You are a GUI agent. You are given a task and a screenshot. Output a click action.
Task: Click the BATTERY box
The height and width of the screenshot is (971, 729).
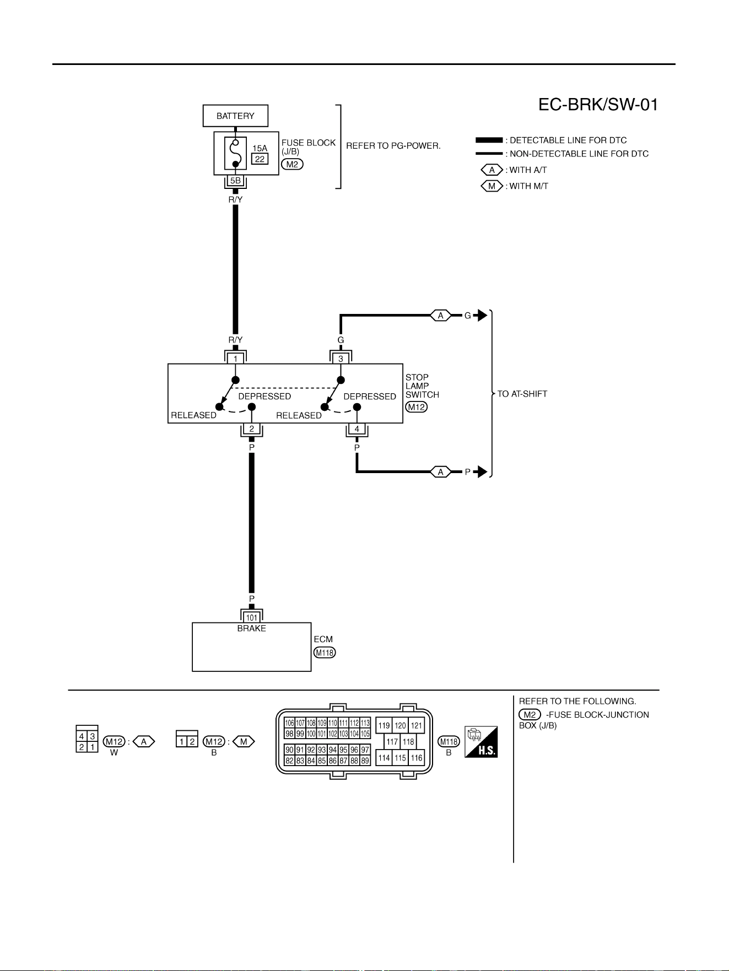(x=235, y=116)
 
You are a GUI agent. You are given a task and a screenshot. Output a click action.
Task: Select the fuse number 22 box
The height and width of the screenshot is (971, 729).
(x=260, y=159)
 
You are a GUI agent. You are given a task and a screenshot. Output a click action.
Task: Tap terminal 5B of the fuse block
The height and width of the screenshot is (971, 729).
(x=235, y=181)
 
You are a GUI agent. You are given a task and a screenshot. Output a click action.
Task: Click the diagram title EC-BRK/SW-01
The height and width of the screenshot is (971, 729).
(x=598, y=105)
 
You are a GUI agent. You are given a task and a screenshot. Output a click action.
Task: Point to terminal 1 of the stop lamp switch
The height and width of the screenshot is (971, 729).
(x=235, y=359)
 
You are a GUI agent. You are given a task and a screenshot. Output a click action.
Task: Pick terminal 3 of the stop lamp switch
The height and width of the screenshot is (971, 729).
(x=341, y=359)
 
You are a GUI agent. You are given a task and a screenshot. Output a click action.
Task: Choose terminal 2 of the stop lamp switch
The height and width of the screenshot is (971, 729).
(x=251, y=428)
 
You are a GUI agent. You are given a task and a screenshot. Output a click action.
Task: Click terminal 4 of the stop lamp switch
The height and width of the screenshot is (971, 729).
(x=357, y=428)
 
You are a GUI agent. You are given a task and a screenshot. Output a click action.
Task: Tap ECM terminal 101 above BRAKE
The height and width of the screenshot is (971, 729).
(x=251, y=617)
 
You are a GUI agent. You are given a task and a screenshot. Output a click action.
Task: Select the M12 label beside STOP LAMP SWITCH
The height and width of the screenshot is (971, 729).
(x=416, y=407)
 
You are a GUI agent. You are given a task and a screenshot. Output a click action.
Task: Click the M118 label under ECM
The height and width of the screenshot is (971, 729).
(x=325, y=653)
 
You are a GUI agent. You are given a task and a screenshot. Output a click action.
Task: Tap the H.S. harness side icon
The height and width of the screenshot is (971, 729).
(x=481, y=741)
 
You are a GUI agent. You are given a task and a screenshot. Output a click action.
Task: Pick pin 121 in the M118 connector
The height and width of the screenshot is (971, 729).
(x=417, y=725)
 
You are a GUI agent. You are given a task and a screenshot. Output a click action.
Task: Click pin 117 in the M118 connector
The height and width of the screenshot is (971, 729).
(x=392, y=741)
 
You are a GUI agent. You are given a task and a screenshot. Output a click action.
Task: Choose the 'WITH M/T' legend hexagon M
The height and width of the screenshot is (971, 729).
(x=492, y=186)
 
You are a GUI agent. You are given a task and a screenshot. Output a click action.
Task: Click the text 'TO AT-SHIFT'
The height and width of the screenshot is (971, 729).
(x=522, y=394)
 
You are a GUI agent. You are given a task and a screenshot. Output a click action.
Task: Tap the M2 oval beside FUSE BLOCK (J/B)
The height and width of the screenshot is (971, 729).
(x=292, y=164)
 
